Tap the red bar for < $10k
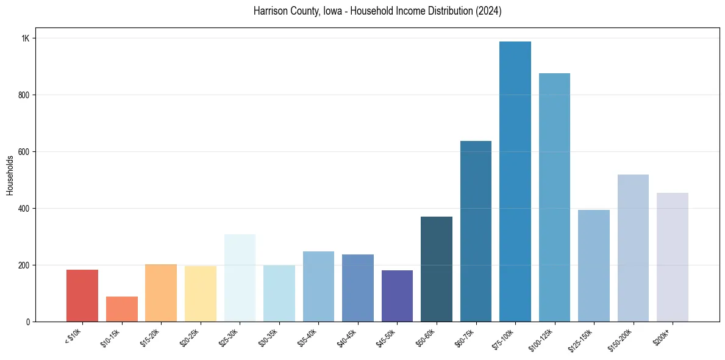coord(82,296)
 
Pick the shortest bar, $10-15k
coord(121,309)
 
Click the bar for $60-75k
coord(476,231)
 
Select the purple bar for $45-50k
coord(397,296)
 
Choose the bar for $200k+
coord(672,257)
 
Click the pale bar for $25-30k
coord(240,278)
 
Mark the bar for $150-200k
coord(633,248)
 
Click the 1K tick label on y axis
coord(26,38)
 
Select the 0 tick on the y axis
coord(28,322)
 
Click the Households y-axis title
coord(10,175)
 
